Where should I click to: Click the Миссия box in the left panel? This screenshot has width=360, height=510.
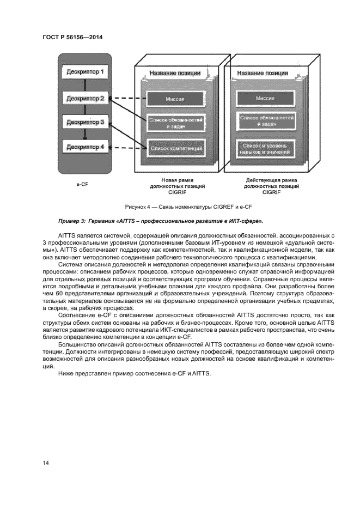tap(175, 100)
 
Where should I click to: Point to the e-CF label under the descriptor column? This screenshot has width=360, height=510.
tap(82, 184)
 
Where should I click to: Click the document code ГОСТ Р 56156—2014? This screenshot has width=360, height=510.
tap(72, 38)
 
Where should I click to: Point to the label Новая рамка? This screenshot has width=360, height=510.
tap(176, 179)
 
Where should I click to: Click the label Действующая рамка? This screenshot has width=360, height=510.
tap(271, 179)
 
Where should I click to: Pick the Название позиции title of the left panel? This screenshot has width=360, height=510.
tap(175, 73)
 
